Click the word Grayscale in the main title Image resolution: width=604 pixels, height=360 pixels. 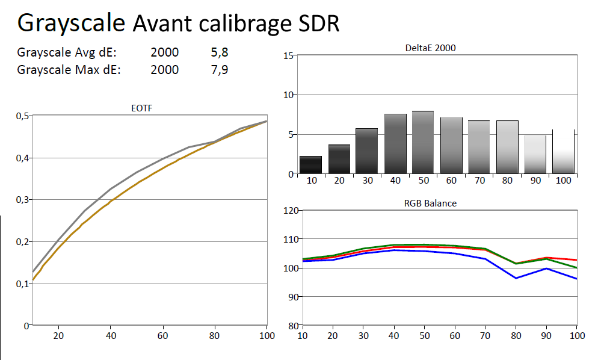[x=71, y=23]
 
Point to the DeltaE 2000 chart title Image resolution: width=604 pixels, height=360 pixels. [x=431, y=48]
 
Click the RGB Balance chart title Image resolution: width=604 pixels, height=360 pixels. [x=430, y=203]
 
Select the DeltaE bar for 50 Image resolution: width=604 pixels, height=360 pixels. [x=423, y=143]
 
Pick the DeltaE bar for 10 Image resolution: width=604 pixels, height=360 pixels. [x=311, y=165]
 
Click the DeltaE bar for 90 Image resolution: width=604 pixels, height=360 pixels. [x=535, y=155]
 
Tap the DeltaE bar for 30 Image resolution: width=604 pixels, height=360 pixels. [x=367, y=151]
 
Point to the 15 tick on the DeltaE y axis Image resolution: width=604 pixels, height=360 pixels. [x=288, y=56]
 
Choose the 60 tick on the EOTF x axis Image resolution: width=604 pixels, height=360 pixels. [x=162, y=335]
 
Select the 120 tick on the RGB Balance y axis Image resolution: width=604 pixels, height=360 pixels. [x=291, y=211]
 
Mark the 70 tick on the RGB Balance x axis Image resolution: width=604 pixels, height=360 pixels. [x=485, y=335]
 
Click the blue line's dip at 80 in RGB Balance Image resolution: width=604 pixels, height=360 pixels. [x=516, y=278]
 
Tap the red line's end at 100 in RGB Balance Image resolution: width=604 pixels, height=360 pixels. [x=576, y=260]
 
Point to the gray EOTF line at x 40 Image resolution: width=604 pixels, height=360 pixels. [x=110, y=189]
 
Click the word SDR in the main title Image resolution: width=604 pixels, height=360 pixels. [x=313, y=23]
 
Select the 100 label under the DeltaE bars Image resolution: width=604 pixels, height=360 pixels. [x=562, y=181]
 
